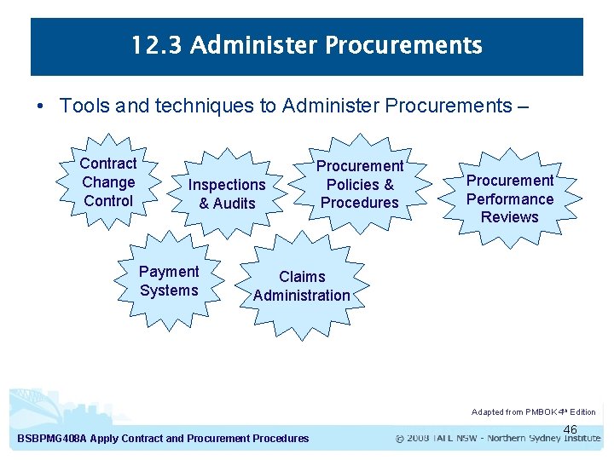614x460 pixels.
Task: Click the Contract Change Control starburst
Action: point(108,182)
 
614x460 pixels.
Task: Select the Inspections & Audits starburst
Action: point(227,194)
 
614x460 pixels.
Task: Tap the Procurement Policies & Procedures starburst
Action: point(360,184)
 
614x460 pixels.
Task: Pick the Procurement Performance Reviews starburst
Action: point(509,198)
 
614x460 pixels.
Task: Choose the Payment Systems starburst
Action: point(169,281)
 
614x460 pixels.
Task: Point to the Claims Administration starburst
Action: point(302,286)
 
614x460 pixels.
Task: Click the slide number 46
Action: point(571,429)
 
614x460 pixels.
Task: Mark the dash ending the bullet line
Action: point(522,106)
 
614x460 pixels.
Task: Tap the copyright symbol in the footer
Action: point(400,439)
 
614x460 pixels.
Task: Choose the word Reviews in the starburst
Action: point(509,217)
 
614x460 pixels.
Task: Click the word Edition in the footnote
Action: point(582,412)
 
